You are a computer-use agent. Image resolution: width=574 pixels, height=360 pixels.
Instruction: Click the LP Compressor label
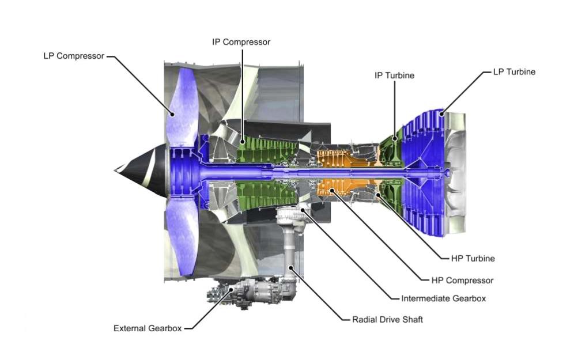(x=74, y=56)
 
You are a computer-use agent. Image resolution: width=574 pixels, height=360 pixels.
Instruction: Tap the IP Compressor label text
(x=241, y=42)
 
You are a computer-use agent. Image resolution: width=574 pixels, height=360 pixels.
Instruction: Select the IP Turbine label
(x=394, y=75)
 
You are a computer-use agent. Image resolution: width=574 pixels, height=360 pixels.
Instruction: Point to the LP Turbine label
(x=514, y=72)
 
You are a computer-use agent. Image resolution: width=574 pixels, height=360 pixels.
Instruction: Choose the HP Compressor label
(x=462, y=281)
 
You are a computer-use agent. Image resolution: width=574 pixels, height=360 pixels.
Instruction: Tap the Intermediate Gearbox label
(x=443, y=298)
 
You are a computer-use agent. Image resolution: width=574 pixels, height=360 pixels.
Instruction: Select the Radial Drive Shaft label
(x=387, y=319)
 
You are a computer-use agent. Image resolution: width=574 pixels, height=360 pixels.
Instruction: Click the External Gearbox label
(x=148, y=328)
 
